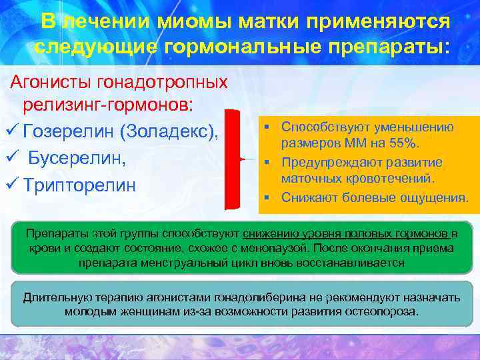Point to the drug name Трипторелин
79,185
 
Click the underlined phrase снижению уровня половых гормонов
346,233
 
